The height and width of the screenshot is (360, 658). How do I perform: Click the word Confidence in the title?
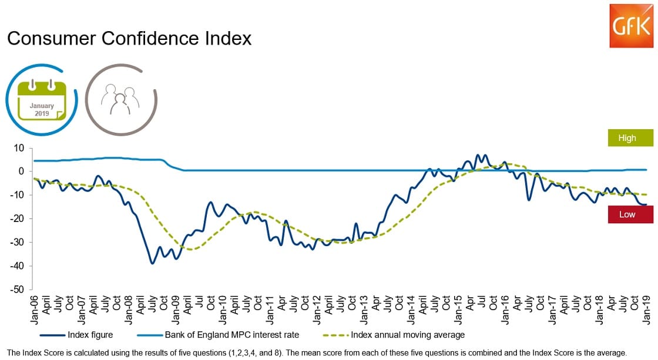pyautogui.click(x=152, y=39)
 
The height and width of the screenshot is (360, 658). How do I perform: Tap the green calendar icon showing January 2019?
pyautogui.click(x=42, y=99)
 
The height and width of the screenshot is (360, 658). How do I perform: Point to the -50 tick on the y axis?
pyautogui.click(x=18, y=290)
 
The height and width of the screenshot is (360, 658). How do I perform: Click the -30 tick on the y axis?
pyautogui.click(x=18, y=243)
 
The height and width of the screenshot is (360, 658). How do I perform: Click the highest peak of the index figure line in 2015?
pyautogui.click(x=478, y=155)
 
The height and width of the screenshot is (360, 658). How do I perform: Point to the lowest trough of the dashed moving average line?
pyautogui.click(x=192, y=250)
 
